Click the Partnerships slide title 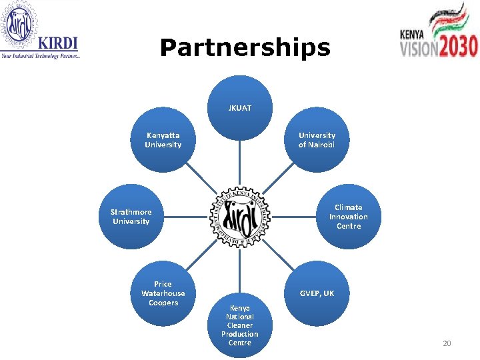point(245,48)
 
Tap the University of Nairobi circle point(317,140)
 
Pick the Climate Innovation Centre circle point(348,217)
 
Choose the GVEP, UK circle point(317,293)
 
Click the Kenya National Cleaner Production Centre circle point(239,325)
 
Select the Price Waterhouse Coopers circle point(163,293)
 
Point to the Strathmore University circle point(131,217)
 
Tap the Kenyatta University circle point(163,140)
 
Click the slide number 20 point(447,343)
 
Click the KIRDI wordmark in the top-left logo point(58,43)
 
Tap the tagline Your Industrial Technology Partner point(41,57)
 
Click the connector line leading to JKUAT point(239,160)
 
